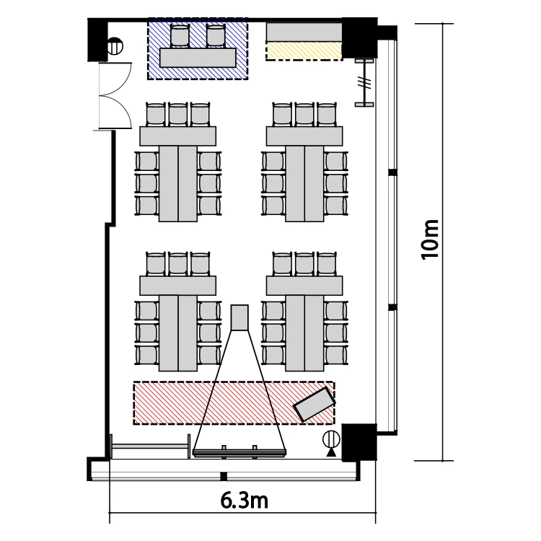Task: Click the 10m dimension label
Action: tap(430, 239)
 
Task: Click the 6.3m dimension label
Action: tap(245, 501)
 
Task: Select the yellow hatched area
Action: tap(304, 51)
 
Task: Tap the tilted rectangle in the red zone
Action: tap(314, 404)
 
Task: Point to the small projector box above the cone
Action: tap(239, 318)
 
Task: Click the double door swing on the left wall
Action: tap(115, 96)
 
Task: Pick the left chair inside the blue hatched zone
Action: tap(180, 35)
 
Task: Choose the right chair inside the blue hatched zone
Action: tap(216, 35)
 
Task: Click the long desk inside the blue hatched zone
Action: tap(198, 58)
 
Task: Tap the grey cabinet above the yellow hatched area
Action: tap(304, 32)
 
